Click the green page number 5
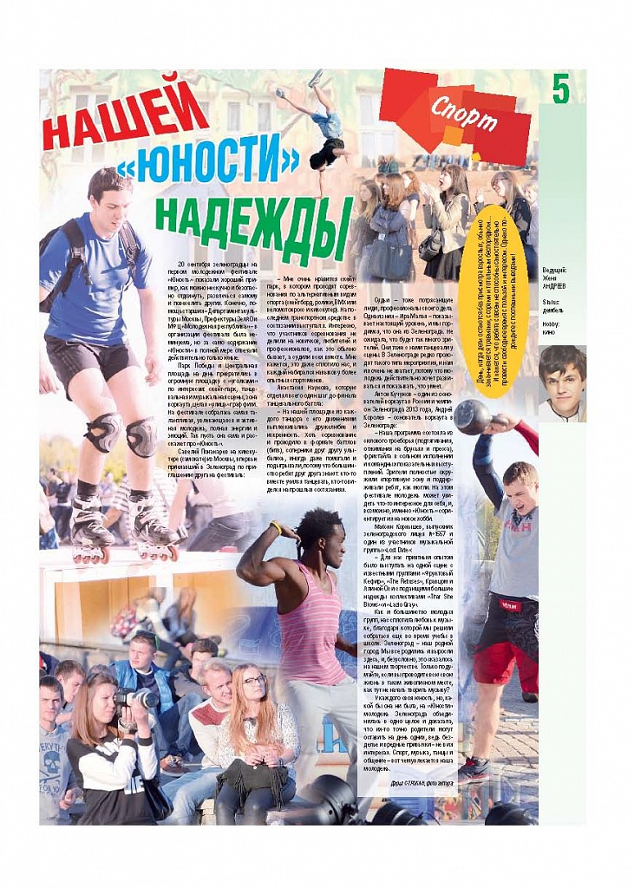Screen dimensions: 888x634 point(561,89)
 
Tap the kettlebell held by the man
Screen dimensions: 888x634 point(473,419)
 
